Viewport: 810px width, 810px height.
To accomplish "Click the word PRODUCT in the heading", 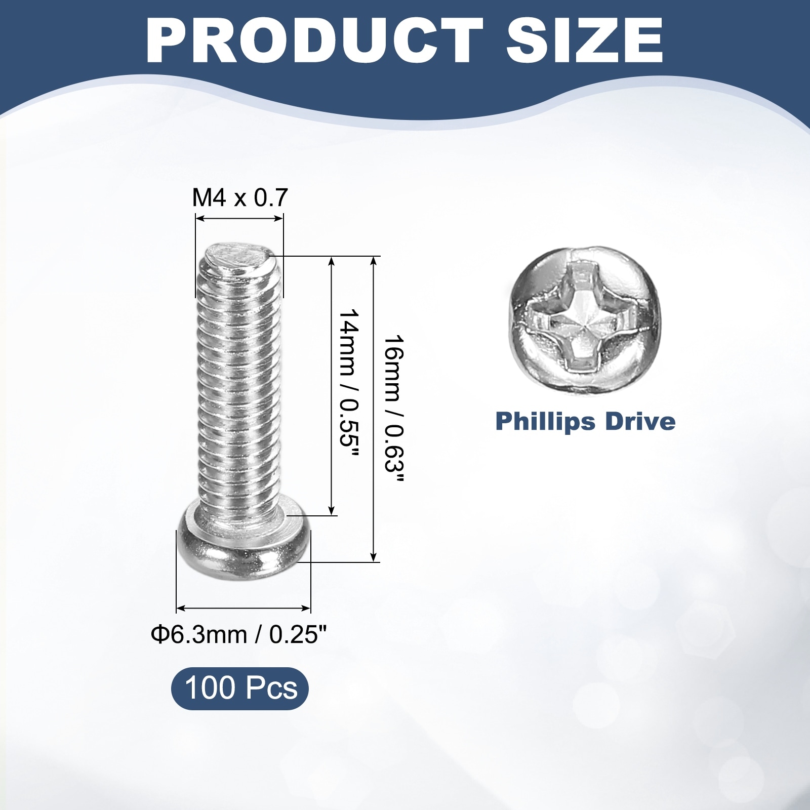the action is click(314, 40).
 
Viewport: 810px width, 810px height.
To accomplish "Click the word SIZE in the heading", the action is click(585, 40).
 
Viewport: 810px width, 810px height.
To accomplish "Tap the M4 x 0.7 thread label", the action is click(240, 197).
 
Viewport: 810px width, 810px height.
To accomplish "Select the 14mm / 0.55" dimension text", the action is click(348, 384).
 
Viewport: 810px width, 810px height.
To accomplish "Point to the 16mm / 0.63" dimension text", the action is click(393, 410).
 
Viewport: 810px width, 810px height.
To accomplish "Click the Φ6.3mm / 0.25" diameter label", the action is click(239, 634).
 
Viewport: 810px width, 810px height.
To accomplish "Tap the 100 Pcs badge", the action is click(240, 688).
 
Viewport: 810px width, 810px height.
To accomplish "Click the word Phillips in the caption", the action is click(545, 422).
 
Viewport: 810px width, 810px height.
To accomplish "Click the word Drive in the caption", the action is click(639, 421).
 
